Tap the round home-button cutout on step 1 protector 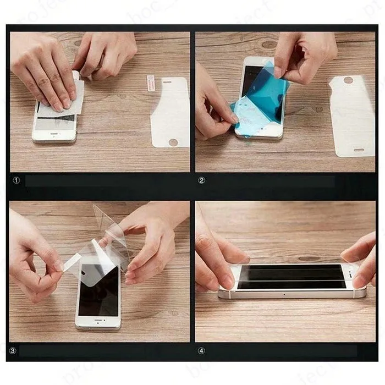173,142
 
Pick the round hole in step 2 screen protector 348,80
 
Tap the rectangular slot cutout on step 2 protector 359,150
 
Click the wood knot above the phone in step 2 269,44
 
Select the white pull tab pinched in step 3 71,263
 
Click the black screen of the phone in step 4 291,276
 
